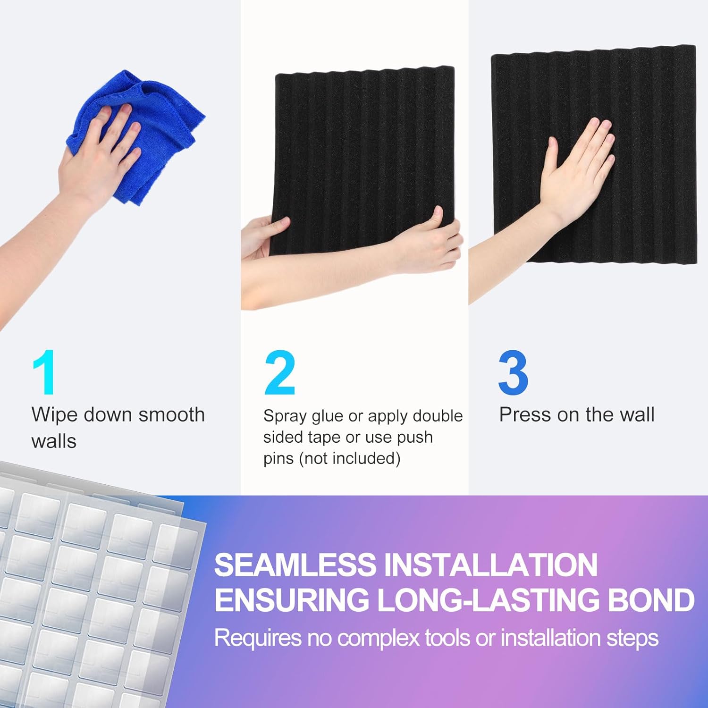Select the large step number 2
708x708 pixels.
point(280,373)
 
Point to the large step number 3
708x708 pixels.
point(513,373)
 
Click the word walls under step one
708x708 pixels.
point(54,441)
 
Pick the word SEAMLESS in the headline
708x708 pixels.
point(295,565)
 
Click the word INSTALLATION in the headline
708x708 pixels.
point(491,565)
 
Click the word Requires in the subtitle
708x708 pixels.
point(258,639)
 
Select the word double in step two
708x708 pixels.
point(438,416)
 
